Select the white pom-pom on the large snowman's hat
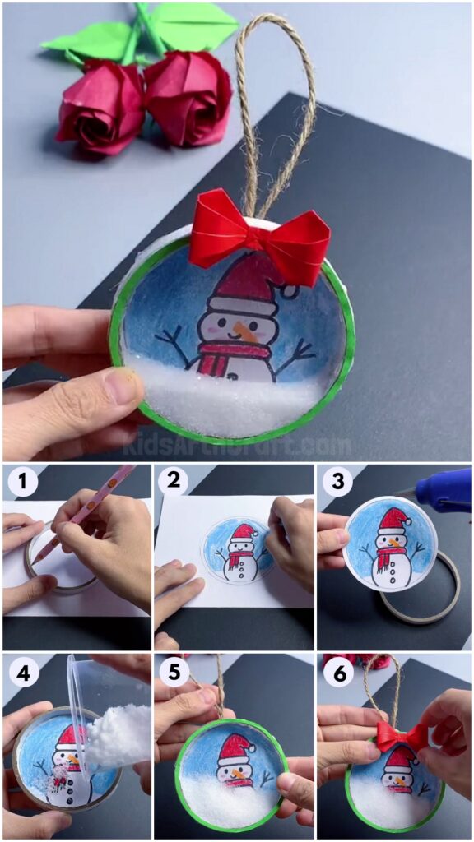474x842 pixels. click(289, 291)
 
